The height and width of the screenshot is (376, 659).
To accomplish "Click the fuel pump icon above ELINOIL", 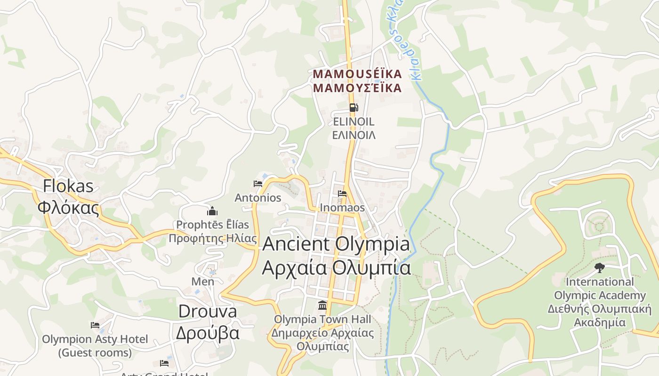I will [x=354, y=108].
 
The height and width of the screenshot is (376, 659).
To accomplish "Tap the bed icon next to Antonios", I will [x=258, y=183].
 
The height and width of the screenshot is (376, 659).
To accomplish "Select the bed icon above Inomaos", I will [x=342, y=193].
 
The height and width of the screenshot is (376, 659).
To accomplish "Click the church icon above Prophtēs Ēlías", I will [x=212, y=211].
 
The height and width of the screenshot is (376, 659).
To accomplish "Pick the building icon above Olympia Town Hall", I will [x=322, y=305].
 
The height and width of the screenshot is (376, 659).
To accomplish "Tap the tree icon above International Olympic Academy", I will [x=599, y=268].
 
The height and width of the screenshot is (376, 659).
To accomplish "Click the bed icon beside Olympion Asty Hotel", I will [x=95, y=325].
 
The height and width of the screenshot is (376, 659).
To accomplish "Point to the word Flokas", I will [x=68, y=186].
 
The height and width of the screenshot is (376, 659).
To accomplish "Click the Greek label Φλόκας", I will [x=68, y=207].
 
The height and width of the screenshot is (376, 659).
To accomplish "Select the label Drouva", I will [x=208, y=311].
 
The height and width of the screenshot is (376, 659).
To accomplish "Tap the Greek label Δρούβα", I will [x=208, y=332].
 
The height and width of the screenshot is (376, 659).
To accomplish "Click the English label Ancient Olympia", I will [x=336, y=244].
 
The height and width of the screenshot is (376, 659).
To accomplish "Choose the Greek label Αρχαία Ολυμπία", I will [x=336, y=267].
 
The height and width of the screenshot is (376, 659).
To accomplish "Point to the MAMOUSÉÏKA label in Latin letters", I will [x=357, y=74].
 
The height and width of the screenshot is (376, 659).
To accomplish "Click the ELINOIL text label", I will [x=354, y=122].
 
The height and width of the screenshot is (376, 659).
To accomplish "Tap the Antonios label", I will [x=258, y=198].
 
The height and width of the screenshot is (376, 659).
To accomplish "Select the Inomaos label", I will [x=342, y=208].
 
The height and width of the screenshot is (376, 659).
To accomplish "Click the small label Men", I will [x=202, y=282].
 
